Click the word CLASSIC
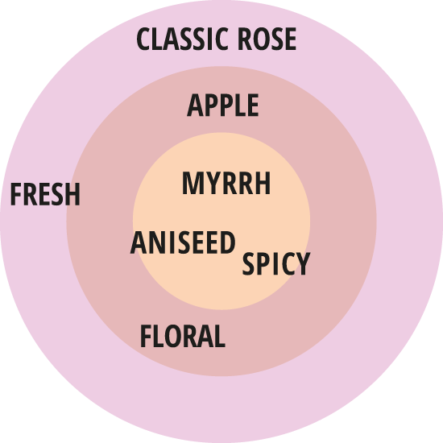coord(182,39)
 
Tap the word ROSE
coord(267,39)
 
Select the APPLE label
coord(223,105)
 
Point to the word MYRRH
coord(226,183)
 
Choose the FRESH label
coord(45,194)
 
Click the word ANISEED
coord(183,242)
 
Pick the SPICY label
coord(276,264)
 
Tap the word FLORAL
coord(183,336)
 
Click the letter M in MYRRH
coord(192,183)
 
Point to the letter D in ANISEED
coord(228,242)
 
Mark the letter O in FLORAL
coord(173,336)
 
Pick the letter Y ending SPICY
coord(303,264)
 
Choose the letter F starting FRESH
coord(16,194)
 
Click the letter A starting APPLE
coord(195,105)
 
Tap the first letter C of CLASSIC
coord(143,39)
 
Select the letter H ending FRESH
coord(72,194)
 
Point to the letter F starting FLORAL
coord(146,336)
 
